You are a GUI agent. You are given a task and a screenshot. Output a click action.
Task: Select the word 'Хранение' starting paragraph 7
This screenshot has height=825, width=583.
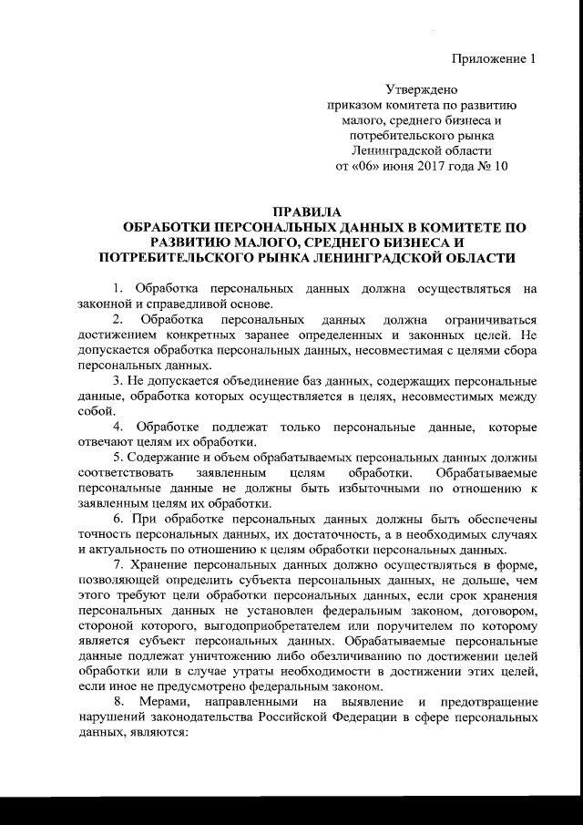tap(160, 564)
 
